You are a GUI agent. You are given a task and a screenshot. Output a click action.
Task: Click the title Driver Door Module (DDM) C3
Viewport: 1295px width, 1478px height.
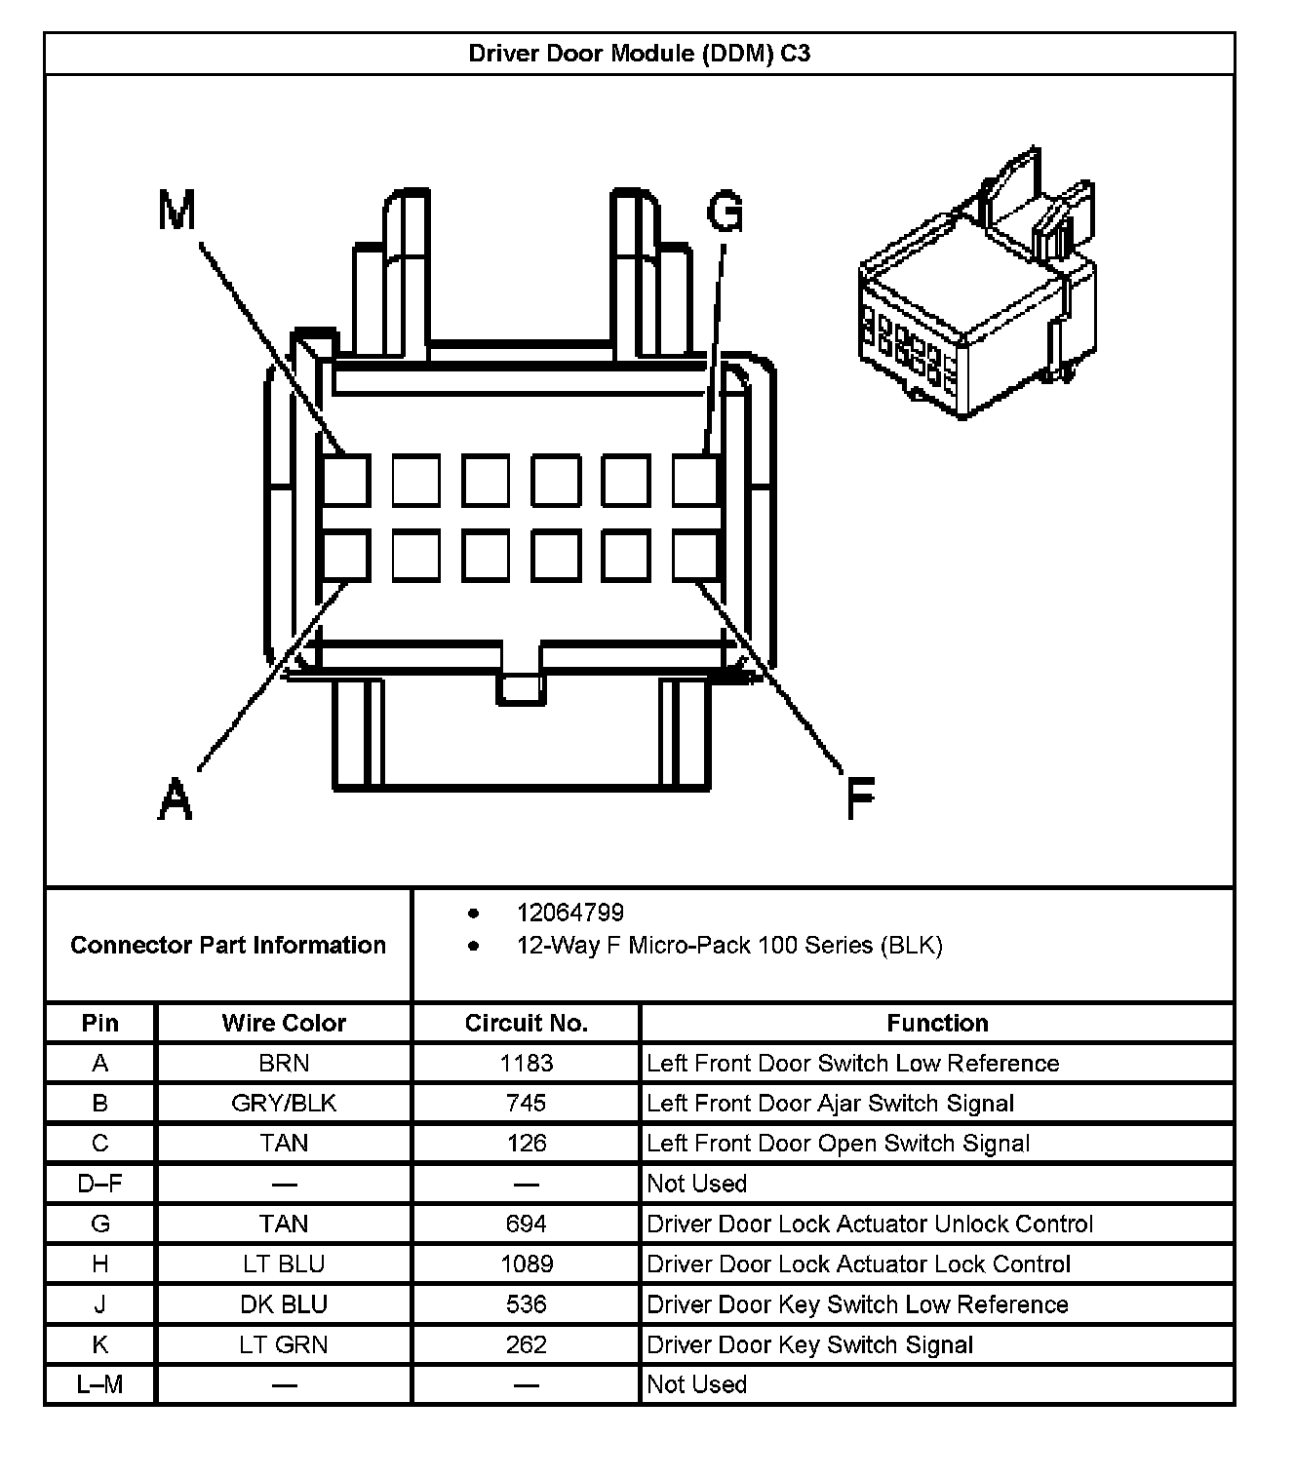click(639, 53)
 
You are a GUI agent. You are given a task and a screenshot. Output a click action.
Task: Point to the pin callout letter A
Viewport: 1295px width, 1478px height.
click(176, 798)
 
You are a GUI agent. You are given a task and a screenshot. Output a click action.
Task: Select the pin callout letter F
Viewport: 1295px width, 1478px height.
click(860, 798)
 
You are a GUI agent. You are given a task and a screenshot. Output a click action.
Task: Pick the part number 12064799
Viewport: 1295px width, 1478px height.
click(569, 913)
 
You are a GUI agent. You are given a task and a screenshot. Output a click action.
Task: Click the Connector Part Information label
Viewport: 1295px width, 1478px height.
click(228, 945)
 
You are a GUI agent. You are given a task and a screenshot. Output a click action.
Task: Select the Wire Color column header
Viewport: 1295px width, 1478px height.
click(284, 1023)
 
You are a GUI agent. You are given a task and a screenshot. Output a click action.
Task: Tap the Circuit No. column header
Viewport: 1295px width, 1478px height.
click(526, 1023)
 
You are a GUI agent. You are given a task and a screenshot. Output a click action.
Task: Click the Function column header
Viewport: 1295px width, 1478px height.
click(937, 1023)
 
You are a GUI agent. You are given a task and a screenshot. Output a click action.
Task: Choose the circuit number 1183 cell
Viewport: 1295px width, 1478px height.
click(526, 1063)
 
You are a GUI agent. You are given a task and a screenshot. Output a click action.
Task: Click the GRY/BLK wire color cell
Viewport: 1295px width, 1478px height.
click(284, 1103)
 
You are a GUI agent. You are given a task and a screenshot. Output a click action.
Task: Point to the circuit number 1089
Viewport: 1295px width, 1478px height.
click(526, 1264)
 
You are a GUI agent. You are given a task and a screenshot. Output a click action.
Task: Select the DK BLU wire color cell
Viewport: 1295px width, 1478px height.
click(284, 1304)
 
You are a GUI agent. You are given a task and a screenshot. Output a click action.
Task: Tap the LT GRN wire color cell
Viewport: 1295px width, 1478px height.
click(284, 1344)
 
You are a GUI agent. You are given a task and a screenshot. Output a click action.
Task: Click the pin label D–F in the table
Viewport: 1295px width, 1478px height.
click(99, 1184)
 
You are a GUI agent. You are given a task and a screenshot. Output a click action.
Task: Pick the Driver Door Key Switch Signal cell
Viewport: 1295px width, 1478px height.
click(809, 1344)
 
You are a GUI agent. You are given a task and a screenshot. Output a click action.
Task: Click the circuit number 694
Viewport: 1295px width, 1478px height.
click(526, 1224)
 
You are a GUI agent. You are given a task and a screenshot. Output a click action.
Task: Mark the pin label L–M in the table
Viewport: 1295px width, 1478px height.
click(99, 1384)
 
